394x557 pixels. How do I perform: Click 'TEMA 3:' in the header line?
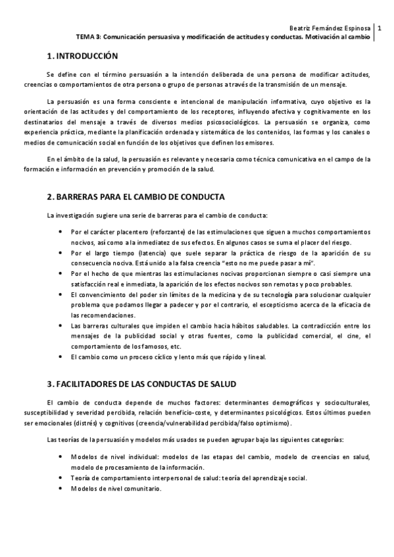click(89, 37)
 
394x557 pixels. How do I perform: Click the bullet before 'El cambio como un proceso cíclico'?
click(61, 357)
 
